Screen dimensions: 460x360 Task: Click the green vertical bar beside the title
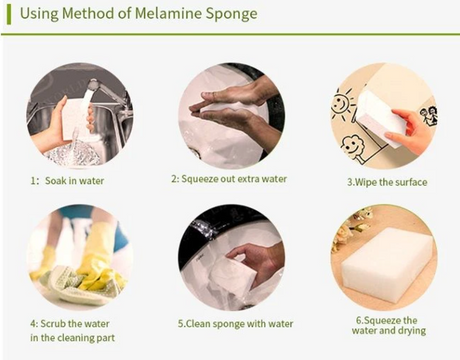9,14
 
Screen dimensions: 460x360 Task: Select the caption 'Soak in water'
74,181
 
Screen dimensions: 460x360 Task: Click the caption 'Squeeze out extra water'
234,179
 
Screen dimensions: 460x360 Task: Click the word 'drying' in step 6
411,331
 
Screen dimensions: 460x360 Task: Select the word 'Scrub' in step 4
53,323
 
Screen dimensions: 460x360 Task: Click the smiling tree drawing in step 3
352,147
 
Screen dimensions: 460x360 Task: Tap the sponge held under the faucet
74,117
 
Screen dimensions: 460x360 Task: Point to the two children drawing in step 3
429,116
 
